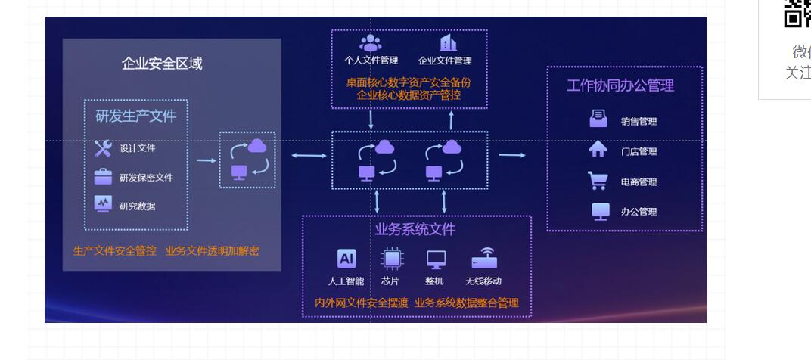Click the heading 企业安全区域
click(x=162, y=64)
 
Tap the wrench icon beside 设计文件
click(x=103, y=148)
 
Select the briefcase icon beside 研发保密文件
click(x=103, y=177)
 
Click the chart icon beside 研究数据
click(x=103, y=205)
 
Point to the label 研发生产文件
click(x=135, y=116)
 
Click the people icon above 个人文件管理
click(x=371, y=43)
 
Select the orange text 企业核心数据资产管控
click(x=409, y=95)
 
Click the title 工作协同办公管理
click(x=620, y=85)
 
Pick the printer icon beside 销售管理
click(x=598, y=119)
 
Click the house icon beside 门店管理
click(x=598, y=150)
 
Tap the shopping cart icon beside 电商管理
click(x=598, y=181)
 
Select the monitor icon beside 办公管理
click(x=601, y=211)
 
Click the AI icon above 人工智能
click(x=346, y=259)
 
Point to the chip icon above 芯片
click(x=391, y=259)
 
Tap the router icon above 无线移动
click(x=484, y=259)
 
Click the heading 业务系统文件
click(x=415, y=229)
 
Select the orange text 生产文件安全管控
click(x=115, y=251)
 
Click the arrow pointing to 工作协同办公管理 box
click(x=512, y=156)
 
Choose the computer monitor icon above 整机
click(x=436, y=259)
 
